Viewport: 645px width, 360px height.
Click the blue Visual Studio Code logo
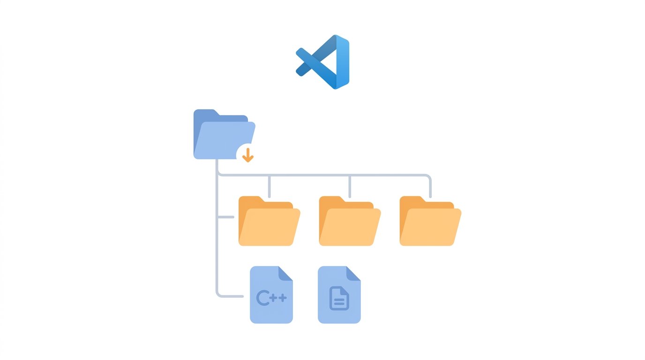(323, 62)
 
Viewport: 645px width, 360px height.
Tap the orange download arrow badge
(247, 155)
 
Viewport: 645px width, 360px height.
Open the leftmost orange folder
(269, 221)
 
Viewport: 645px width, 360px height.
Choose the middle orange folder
(350, 221)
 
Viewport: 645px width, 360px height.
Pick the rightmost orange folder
(430, 221)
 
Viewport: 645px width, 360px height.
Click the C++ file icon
(271, 295)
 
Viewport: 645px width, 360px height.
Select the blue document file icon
(339, 295)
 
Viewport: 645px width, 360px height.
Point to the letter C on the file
(263, 298)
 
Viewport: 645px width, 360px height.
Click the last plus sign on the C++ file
(283, 298)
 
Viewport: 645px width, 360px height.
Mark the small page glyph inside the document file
(339, 299)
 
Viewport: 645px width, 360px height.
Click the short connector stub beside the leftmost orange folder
(226, 217)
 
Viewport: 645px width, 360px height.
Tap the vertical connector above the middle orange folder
(350, 187)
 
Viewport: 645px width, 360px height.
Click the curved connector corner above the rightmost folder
(428, 177)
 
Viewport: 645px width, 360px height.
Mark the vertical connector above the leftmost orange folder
(269, 187)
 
